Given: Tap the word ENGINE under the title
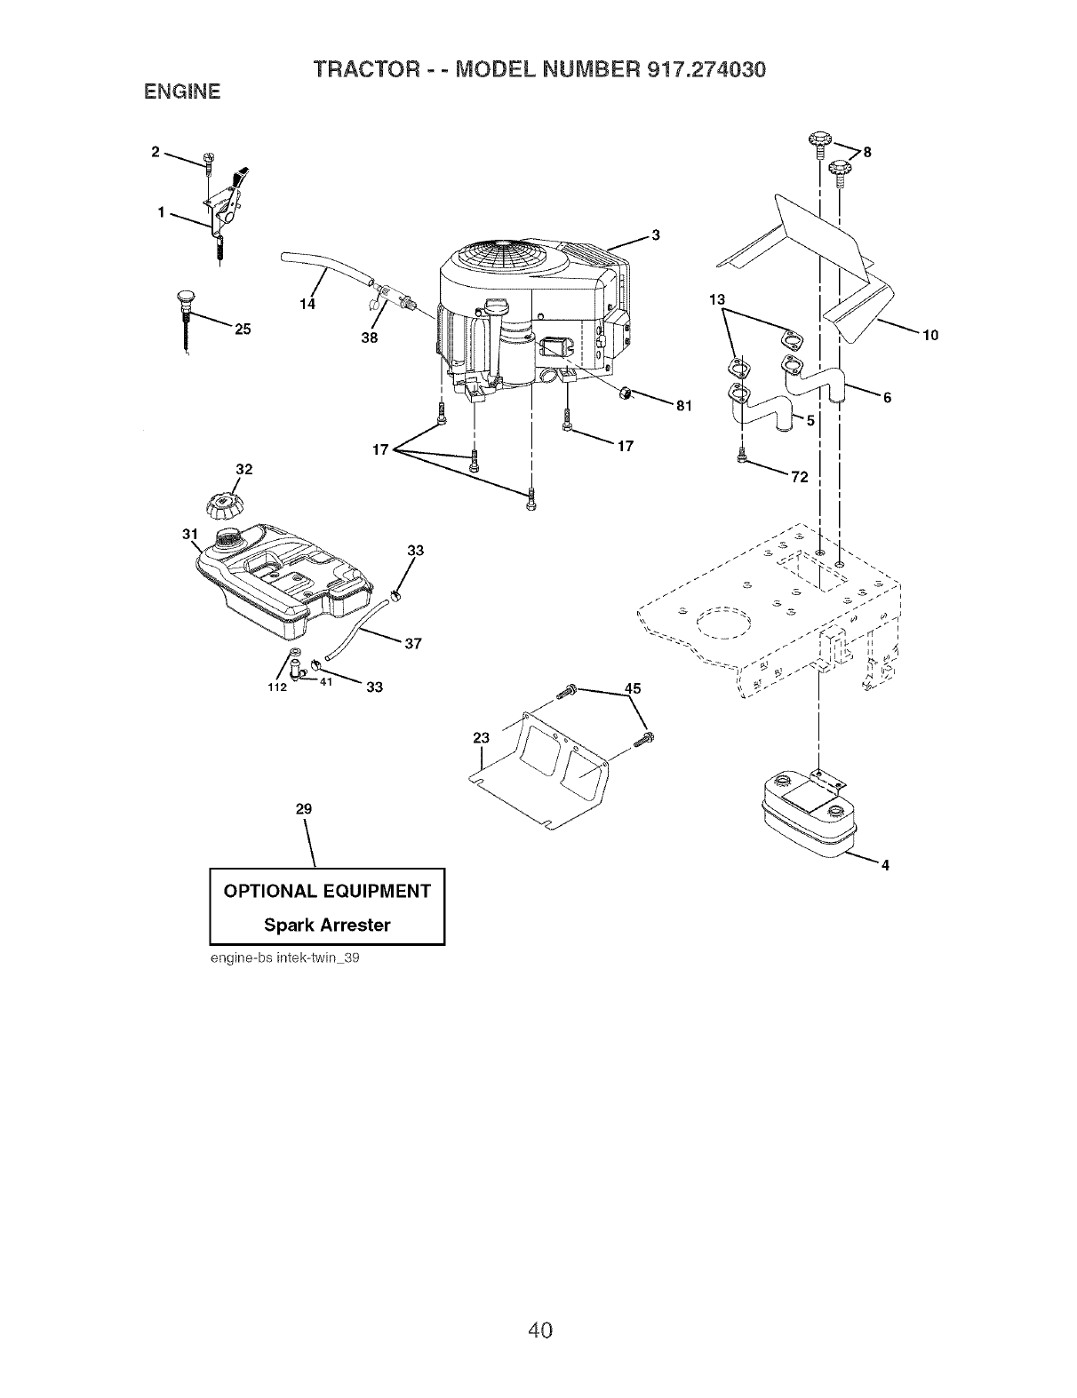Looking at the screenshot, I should [177, 91].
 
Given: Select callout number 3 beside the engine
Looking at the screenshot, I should [655, 235].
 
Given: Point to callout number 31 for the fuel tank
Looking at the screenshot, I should [188, 534].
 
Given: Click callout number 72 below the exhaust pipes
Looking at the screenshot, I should [799, 478].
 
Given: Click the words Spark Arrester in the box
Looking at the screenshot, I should [327, 925].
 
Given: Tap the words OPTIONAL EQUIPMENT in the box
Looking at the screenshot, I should [327, 891].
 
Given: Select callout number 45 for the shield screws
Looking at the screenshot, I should [633, 687].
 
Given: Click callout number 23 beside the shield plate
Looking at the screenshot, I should [481, 736].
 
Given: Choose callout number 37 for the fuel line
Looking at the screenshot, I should [411, 643].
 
